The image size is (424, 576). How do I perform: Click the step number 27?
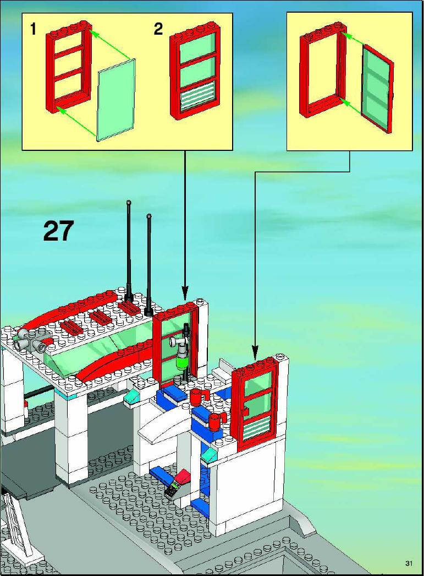pos(58,231)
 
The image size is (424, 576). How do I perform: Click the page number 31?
pos(409,563)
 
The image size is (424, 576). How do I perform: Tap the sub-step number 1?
pos(34,29)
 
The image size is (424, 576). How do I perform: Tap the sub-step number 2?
pos(158,29)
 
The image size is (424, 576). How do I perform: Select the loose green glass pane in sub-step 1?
pos(116,100)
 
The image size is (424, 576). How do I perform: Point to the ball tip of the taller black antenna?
pos(129,202)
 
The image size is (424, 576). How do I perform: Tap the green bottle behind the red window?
pos(181,360)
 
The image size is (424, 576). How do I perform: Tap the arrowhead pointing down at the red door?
pos(254,351)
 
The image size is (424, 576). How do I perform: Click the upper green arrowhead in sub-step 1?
pos(95,34)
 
